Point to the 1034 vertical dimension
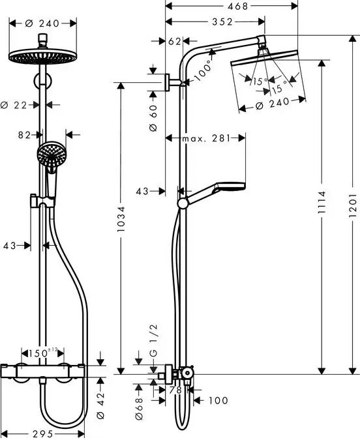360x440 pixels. tap(121, 226)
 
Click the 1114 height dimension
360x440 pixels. tap(322, 214)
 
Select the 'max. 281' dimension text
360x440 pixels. tap(205, 138)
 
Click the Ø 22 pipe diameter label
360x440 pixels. tap(15, 104)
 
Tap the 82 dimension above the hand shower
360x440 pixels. tap(25, 135)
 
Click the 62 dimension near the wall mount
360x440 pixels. tap(173, 41)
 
